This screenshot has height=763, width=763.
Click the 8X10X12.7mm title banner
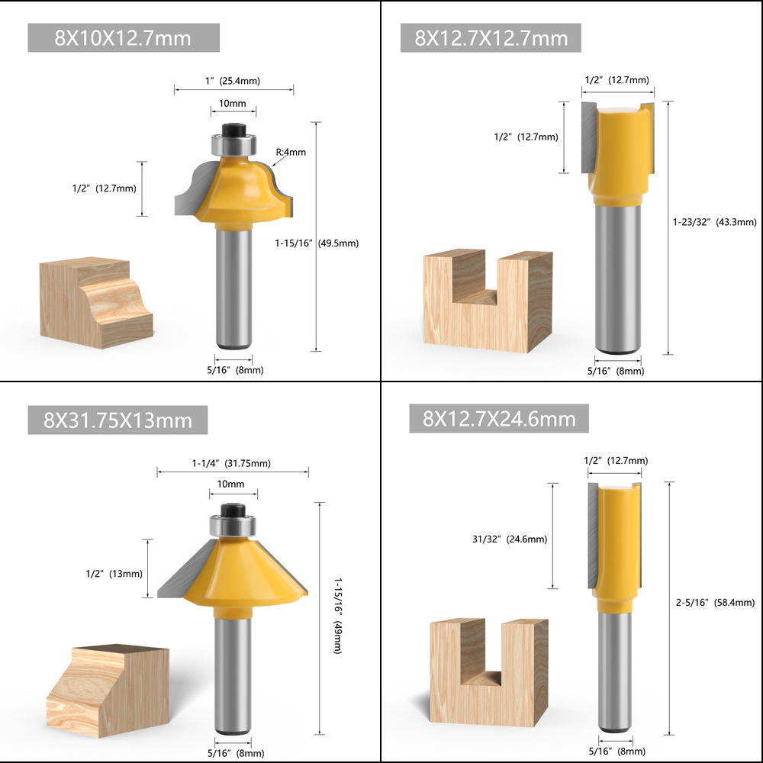pyautogui.click(x=124, y=37)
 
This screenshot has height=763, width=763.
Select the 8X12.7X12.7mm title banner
pyautogui.click(x=491, y=37)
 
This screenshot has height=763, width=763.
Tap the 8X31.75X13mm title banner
pyautogui.click(x=118, y=420)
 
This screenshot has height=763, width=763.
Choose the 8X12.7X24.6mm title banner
pyautogui.click(x=499, y=418)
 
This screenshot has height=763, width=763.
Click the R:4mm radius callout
pyautogui.click(x=291, y=152)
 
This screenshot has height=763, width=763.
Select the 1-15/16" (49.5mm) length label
pyautogui.click(x=317, y=243)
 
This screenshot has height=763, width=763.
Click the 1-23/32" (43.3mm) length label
pyautogui.click(x=714, y=222)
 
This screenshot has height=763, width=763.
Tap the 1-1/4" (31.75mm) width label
pyautogui.click(x=231, y=463)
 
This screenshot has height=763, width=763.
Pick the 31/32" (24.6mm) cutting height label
pyautogui.click(x=510, y=539)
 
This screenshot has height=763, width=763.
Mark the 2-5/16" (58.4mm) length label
pyautogui.click(x=715, y=602)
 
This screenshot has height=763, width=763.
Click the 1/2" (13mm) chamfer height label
pyautogui.click(x=114, y=574)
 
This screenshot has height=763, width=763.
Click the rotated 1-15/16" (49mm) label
pyautogui.click(x=338, y=616)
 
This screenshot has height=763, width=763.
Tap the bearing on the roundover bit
pyautogui.click(x=233, y=144)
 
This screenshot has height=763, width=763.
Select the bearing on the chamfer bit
pyautogui.click(x=233, y=526)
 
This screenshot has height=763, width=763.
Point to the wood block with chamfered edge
pyautogui.click(x=108, y=691)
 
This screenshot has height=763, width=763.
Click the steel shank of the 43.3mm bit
pyautogui.click(x=618, y=278)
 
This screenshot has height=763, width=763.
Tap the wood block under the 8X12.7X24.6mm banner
pyautogui.click(x=489, y=672)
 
